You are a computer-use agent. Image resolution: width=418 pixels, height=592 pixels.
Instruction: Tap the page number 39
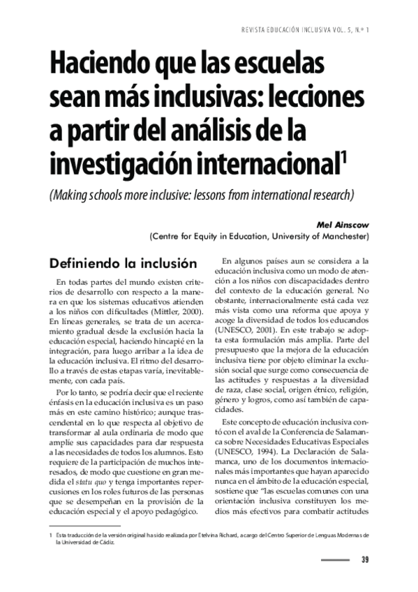click(365, 559)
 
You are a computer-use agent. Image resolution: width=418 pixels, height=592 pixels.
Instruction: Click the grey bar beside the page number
click(334, 559)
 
